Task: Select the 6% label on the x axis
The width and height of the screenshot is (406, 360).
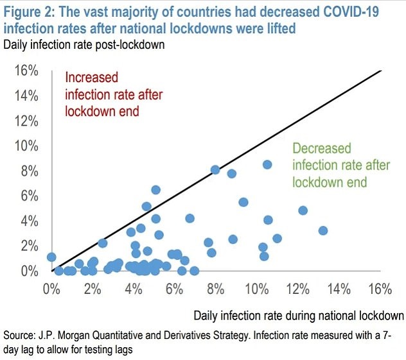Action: click(175, 288)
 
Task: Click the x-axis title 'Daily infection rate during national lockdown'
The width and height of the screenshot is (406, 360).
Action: click(299, 315)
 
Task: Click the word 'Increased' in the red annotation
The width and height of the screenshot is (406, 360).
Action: click(92, 78)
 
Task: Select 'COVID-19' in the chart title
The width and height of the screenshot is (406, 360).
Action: click(366, 10)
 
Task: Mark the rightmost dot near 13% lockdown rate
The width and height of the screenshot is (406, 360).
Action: click(323, 230)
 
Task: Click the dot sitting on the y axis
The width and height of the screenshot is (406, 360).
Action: click(51, 257)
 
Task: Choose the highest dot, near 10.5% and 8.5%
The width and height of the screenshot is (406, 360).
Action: click(267, 164)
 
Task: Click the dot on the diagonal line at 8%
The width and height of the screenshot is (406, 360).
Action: click(215, 170)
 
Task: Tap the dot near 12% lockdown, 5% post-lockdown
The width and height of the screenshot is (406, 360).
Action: click(303, 210)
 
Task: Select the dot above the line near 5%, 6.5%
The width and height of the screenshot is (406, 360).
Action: click(155, 190)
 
